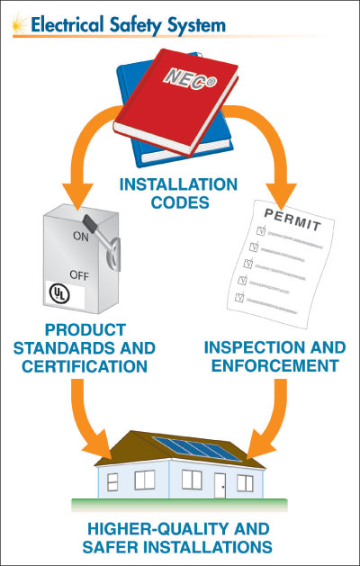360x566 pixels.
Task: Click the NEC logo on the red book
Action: point(190,78)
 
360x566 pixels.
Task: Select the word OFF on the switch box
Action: point(79,275)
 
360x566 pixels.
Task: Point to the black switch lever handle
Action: point(90,222)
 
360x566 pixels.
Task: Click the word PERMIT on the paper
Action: point(292,220)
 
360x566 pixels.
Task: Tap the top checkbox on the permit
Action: point(261,230)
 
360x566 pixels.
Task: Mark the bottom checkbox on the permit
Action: point(239,298)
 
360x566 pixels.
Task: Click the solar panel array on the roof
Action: point(197,449)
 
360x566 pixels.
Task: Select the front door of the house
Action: point(220,485)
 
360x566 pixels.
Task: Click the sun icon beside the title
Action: point(20,24)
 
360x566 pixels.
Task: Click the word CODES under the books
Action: point(180,202)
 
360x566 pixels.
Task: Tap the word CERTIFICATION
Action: point(85,366)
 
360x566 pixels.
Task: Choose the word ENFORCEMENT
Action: point(274,365)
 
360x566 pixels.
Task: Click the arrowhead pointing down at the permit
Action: point(282,195)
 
